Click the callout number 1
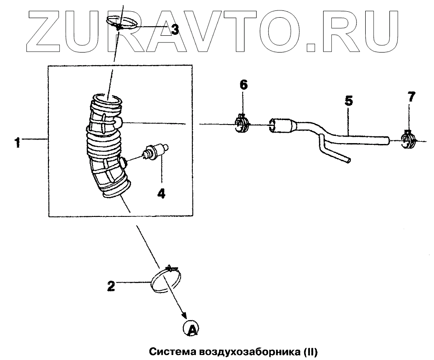[17, 144]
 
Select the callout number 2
[110, 286]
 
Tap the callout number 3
[174, 30]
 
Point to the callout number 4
[161, 194]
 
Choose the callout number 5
[348, 101]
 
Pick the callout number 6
[243, 85]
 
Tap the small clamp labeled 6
[243, 124]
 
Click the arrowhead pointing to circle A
[184, 316]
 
